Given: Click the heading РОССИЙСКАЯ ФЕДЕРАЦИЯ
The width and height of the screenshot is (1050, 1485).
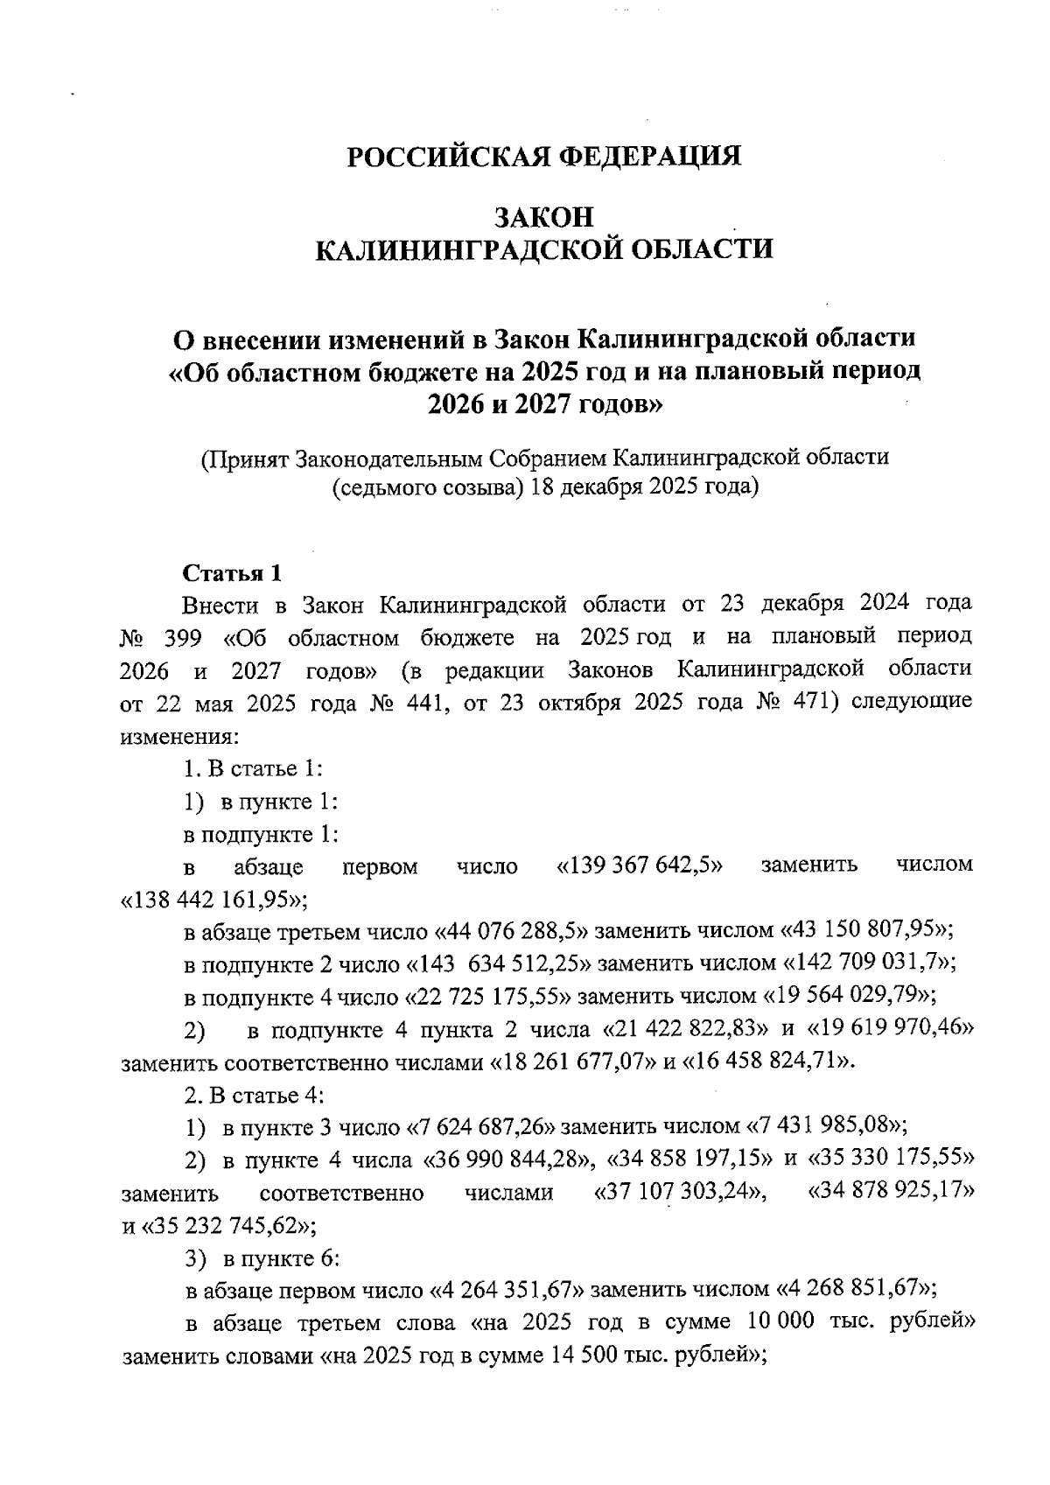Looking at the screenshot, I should [x=544, y=157].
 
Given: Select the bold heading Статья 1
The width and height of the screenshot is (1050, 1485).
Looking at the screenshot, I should [x=232, y=573].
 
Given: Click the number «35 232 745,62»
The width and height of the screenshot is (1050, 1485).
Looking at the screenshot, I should [x=223, y=1226].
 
